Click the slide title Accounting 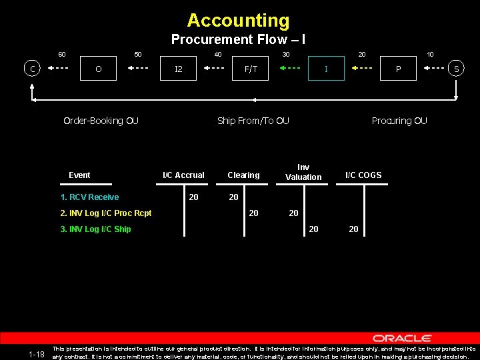tap(238, 21)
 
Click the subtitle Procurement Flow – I tap(238, 39)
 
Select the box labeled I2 tap(179, 68)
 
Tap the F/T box tap(251, 68)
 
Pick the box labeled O tap(99, 68)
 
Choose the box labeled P tap(398, 68)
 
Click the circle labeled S tap(457, 68)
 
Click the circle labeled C tap(32, 68)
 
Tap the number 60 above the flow tap(61, 54)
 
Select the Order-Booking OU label tap(101, 121)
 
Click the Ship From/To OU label tap(253, 121)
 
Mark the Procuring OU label tap(399, 121)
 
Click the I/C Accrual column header tap(184, 175)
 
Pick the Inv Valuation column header tap(303, 172)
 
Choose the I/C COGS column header tap(363, 175)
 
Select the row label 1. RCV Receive tap(89, 197)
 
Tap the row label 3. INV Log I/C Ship tap(95, 229)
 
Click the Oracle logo tap(402, 338)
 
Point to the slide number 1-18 tap(37, 354)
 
